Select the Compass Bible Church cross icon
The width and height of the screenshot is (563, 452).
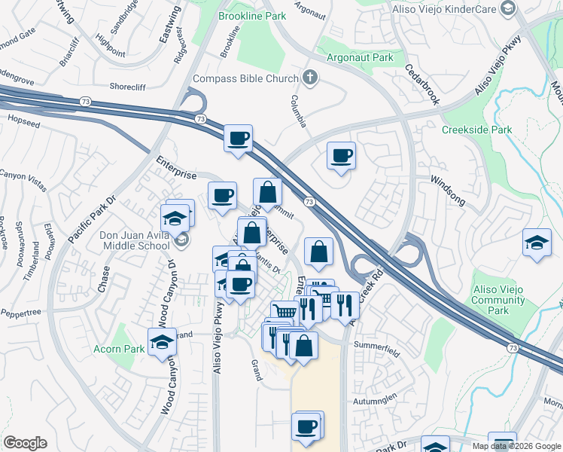[309, 78]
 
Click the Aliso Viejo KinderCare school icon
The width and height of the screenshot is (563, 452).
[509, 8]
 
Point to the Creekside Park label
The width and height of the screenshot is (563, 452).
[476, 130]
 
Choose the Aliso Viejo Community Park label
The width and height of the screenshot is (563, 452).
[498, 300]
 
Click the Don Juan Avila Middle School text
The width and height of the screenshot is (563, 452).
[135, 240]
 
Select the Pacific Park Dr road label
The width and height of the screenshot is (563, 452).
[91, 219]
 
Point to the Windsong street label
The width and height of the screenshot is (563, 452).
[447, 192]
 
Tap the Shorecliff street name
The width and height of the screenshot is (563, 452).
[132, 87]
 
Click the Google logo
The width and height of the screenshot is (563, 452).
[25, 444]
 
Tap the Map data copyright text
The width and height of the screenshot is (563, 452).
[516, 446]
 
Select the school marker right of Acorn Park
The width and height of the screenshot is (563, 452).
[162, 342]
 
